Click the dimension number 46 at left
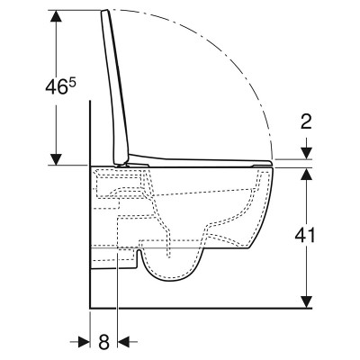coord(56,87)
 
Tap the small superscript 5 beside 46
coord(72,83)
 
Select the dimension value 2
coord(306,121)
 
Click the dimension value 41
coord(305,236)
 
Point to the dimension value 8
coord(103,342)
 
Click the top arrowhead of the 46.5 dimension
coord(56,15)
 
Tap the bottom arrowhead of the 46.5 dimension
coord(56,159)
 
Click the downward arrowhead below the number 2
coord(306,153)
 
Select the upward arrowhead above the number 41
coord(306,174)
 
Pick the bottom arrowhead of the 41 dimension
coord(306,302)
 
